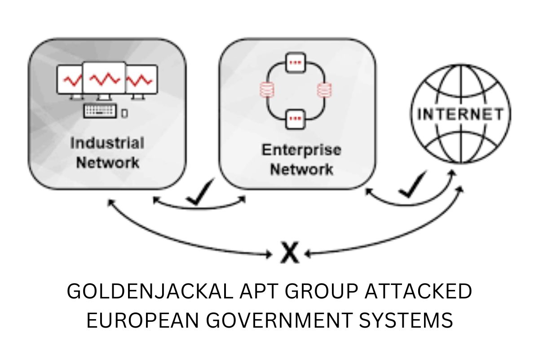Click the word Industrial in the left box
[x=107, y=143]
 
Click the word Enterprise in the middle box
[x=301, y=150]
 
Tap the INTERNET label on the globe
[x=461, y=114]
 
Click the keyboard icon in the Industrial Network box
[x=100, y=111]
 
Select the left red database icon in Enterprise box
[x=265, y=90]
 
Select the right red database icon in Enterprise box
[x=322, y=90]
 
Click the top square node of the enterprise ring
[x=295, y=62]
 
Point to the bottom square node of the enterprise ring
[x=295, y=119]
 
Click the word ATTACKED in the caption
[x=418, y=292]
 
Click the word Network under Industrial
[x=108, y=162]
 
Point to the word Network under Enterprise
[x=301, y=169]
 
